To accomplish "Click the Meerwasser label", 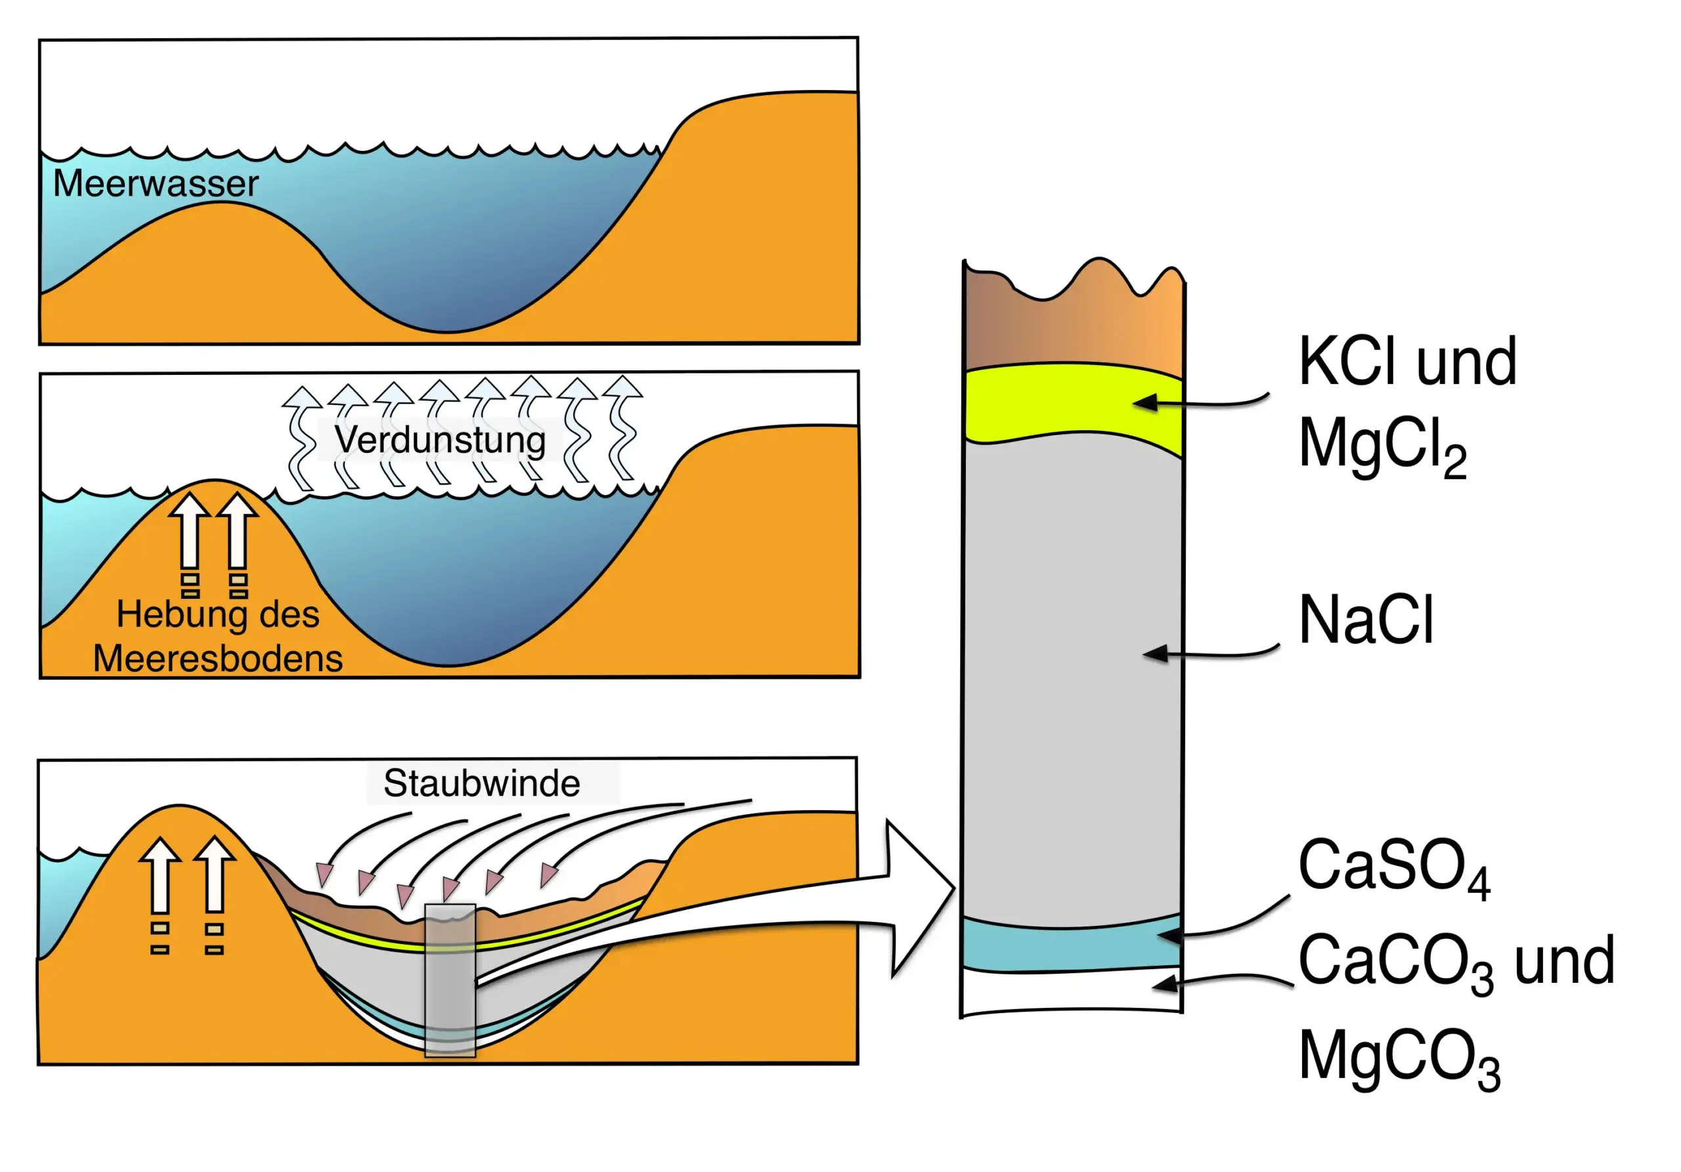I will click(x=155, y=183).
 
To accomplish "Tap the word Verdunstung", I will click(x=440, y=440).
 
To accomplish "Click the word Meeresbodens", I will click(x=217, y=658).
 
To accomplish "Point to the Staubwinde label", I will click(x=482, y=783).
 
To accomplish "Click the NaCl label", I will click(x=1365, y=620).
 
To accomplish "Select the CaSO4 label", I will click(x=1393, y=867).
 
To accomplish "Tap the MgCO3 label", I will click(x=1399, y=1058).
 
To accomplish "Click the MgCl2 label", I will click(x=1382, y=446).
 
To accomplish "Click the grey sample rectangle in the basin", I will click(x=450, y=981).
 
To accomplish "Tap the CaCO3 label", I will click(x=1395, y=963).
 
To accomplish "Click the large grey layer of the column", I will click(x=1072, y=681).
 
